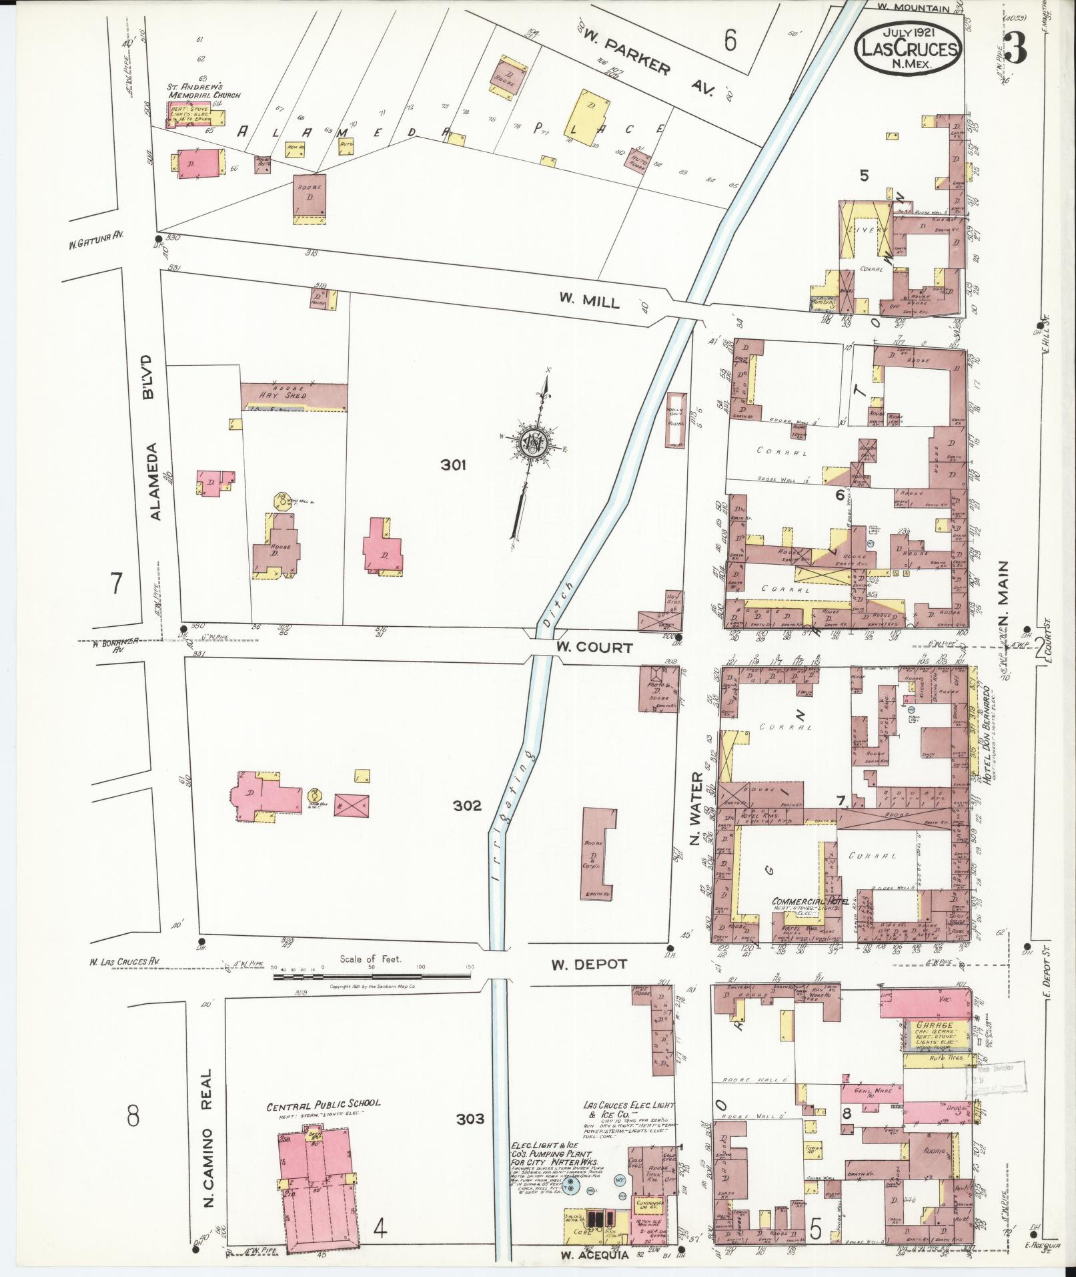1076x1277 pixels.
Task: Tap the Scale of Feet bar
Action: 372,977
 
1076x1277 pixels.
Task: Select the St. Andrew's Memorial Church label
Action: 203,91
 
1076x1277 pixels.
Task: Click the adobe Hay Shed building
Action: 294,397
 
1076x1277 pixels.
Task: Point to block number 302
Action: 466,806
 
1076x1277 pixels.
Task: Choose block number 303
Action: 470,1118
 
